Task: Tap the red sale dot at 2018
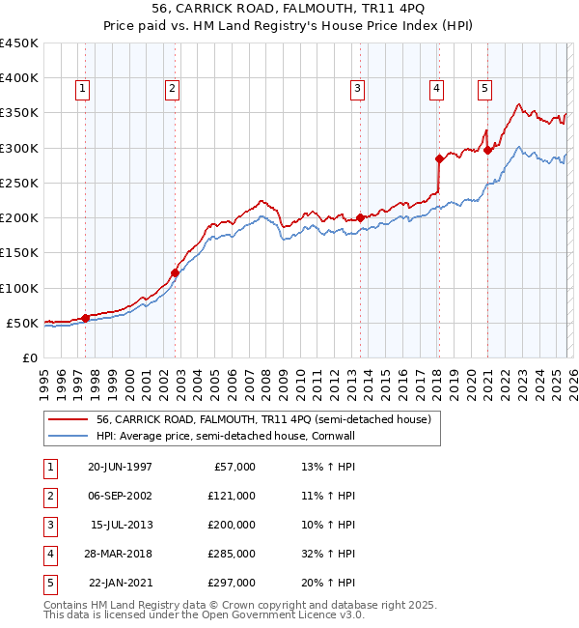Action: pos(439,158)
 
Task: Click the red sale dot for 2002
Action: pos(176,272)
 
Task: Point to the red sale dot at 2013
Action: pos(361,217)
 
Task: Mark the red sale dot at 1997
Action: pos(86,317)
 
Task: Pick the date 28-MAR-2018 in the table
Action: pos(120,554)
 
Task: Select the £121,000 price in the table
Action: pos(232,496)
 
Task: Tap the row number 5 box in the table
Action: pos(48,583)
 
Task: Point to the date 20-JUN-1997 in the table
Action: pos(120,467)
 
